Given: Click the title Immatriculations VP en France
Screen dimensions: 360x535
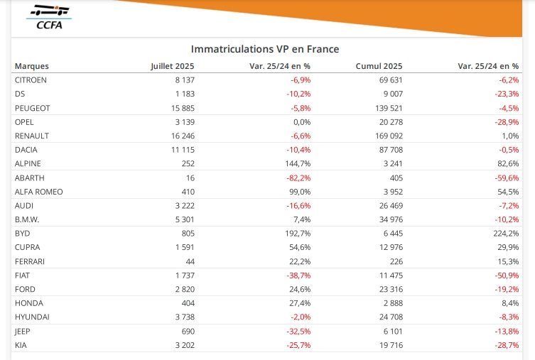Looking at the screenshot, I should click(264, 49).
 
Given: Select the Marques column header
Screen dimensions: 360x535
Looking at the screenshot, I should click(32, 66).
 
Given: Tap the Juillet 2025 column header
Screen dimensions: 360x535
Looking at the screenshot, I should click(173, 66).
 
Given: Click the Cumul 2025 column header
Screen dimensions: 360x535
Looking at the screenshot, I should click(379, 66).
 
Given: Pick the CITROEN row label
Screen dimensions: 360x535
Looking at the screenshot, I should click(31, 80).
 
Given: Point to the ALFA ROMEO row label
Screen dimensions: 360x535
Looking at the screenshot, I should click(38, 192).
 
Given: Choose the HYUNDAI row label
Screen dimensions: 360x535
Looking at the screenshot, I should click(32, 317).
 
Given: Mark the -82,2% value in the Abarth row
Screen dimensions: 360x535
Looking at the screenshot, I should click(296, 178).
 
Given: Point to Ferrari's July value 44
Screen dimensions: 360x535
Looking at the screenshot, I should click(189, 261).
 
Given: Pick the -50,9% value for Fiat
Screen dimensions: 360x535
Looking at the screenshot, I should click(504, 276).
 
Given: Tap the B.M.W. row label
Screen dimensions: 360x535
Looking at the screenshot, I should click(28, 219).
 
